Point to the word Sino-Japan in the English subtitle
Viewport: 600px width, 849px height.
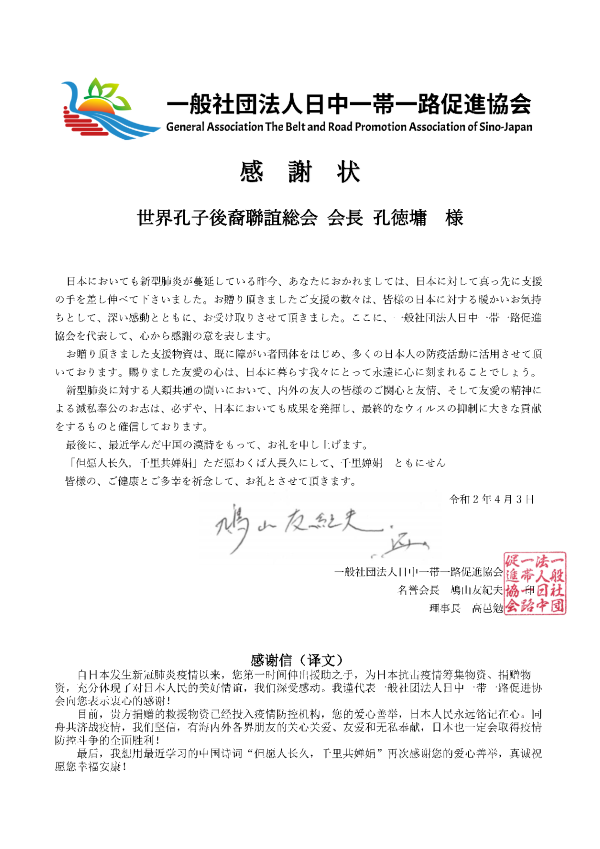click(x=501, y=128)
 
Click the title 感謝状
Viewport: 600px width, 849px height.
click(x=299, y=171)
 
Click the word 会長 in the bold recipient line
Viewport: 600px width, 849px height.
click(x=343, y=217)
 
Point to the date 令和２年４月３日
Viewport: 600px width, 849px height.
click(x=493, y=498)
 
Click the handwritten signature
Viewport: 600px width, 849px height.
click(x=300, y=531)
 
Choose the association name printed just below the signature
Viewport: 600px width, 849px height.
click(x=419, y=572)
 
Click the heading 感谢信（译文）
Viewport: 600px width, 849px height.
click(x=299, y=661)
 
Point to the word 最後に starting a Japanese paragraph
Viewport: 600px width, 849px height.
click(x=83, y=444)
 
